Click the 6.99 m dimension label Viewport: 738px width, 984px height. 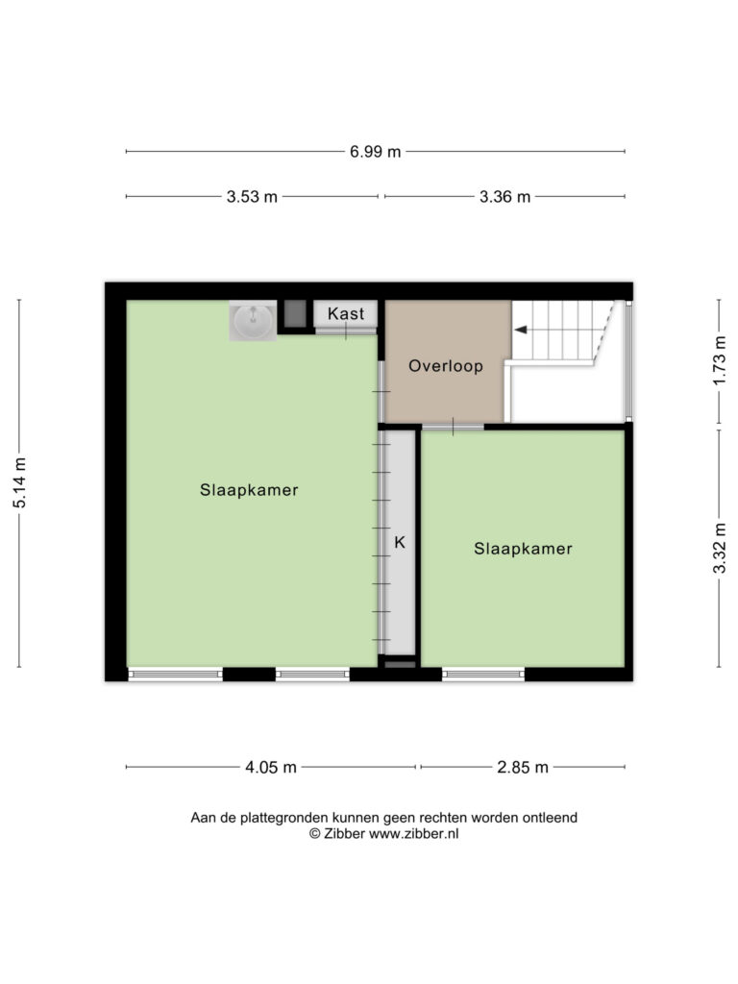click(x=376, y=152)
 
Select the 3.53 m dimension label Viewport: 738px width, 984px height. click(x=252, y=197)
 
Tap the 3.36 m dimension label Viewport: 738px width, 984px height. click(x=504, y=197)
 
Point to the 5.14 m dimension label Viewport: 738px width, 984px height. click(x=20, y=482)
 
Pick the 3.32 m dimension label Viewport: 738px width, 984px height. click(x=720, y=548)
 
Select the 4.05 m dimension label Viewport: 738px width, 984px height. click(x=270, y=768)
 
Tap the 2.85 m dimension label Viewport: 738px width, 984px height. click(x=523, y=768)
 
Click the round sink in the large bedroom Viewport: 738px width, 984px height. click(x=253, y=321)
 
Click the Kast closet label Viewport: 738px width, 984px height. click(x=346, y=313)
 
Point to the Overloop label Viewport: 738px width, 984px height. click(x=446, y=366)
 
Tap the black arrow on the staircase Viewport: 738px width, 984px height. click(x=520, y=330)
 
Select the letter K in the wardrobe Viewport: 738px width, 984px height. click(x=400, y=542)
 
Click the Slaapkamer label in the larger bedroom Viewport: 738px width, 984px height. click(x=249, y=490)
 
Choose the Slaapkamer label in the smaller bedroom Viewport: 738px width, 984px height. click(x=523, y=549)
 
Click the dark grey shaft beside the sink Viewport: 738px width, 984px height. click(x=295, y=314)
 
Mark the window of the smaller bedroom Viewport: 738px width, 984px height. click(x=483, y=675)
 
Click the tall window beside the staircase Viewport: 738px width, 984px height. click(x=628, y=361)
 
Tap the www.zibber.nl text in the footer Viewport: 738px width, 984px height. click(x=413, y=834)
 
